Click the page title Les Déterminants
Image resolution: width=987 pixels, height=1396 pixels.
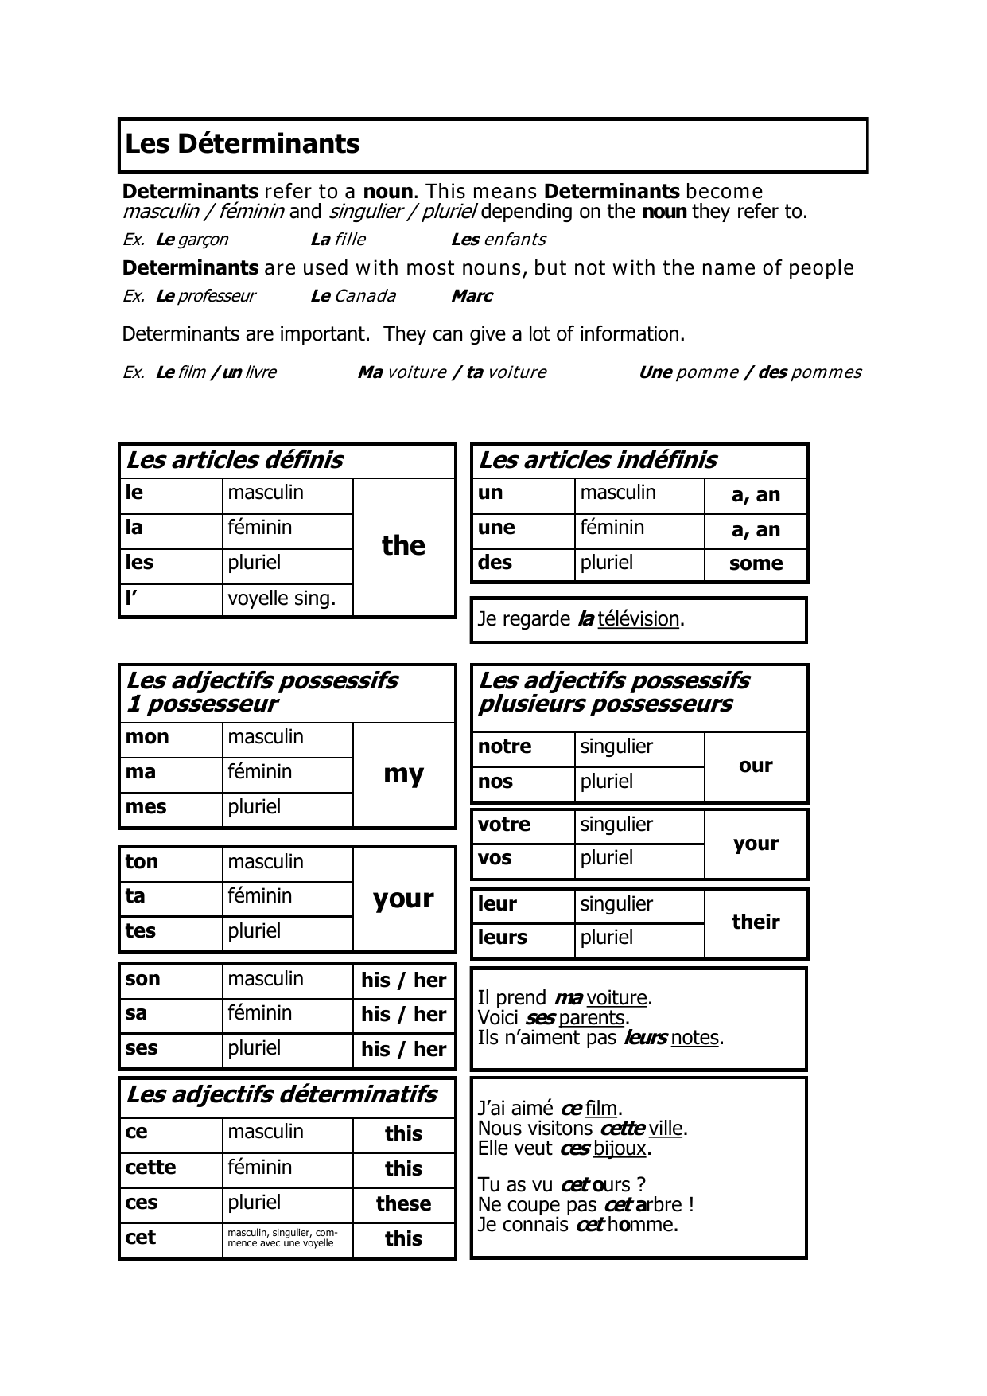point(243,144)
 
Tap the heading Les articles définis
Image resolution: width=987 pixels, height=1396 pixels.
point(235,460)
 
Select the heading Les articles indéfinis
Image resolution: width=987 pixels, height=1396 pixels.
point(597,460)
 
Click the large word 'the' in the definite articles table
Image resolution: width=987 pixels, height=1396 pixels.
point(403,546)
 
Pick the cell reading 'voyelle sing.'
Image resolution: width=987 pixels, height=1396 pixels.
point(282,599)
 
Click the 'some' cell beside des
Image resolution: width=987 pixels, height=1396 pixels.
point(756,563)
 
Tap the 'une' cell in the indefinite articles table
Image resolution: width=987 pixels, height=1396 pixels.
point(496,528)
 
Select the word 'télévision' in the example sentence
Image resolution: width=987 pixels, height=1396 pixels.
point(639,619)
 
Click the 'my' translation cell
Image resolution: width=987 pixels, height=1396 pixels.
point(403,774)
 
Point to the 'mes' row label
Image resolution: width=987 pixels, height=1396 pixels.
point(146,807)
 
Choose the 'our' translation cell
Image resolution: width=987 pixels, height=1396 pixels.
point(756,766)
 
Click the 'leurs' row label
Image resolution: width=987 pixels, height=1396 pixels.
point(503,938)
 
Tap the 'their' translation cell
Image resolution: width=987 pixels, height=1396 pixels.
point(756,922)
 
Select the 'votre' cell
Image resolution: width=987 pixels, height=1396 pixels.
point(504,825)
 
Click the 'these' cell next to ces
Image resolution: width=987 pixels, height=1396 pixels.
point(403,1203)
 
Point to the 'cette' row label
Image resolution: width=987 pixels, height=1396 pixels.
point(151,1168)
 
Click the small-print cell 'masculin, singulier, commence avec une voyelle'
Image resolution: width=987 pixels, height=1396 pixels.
point(282,1238)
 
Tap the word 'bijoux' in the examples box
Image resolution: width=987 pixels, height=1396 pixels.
point(620,1148)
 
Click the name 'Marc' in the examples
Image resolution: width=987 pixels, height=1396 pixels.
point(472,296)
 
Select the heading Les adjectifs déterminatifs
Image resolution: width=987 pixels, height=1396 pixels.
point(282,1095)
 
